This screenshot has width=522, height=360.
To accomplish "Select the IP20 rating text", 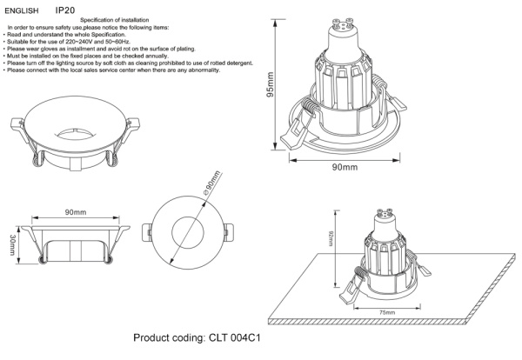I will (x=66, y=8).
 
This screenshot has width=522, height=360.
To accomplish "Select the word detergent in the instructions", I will (x=227, y=63).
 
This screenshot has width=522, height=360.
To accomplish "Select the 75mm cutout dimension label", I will (x=387, y=311).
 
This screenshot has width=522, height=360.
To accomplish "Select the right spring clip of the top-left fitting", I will (x=114, y=157).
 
